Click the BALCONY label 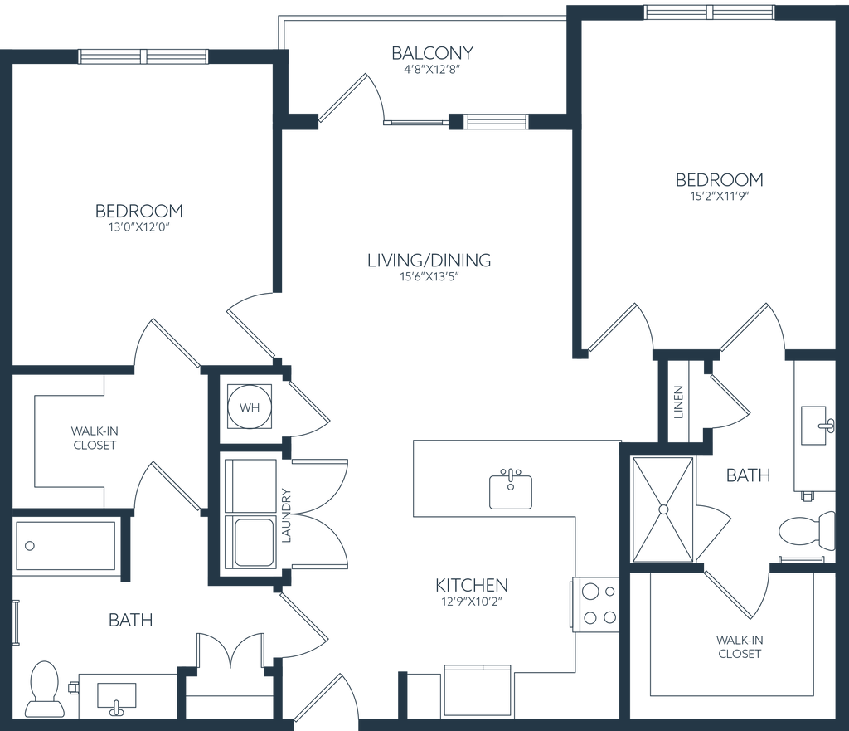pos(434,53)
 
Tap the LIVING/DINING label pos(429,261)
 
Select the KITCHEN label pos(472,587)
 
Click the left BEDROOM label pos(139,212)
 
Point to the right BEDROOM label pos(720,180)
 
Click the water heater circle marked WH pos(248,407)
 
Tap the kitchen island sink pos(510,489)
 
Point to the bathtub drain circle pos(31,546)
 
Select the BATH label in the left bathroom pos(132,620)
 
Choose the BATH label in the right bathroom pos(749,475)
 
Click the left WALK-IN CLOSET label pos(94,437)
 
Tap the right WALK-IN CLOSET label pos(739,646)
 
